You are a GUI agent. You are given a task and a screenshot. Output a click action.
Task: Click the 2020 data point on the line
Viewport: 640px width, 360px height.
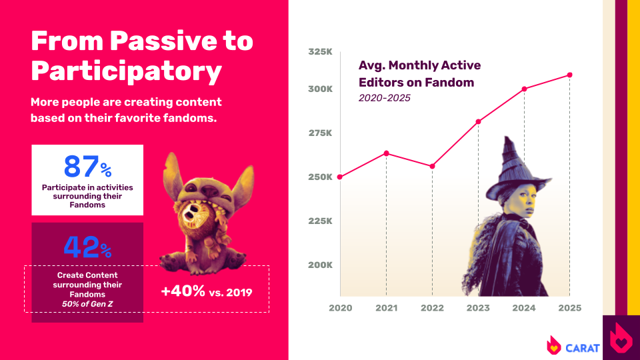340,177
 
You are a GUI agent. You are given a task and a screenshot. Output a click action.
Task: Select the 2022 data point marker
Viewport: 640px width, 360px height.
432,167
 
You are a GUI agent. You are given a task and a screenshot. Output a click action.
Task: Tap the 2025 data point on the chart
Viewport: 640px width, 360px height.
570,75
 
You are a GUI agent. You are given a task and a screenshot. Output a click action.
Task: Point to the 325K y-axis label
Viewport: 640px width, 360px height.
321,52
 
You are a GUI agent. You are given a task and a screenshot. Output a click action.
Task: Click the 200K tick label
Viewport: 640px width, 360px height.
321,265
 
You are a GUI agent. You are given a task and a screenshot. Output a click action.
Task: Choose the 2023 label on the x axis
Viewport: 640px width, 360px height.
478,308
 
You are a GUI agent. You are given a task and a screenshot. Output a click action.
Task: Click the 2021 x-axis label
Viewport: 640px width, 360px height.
387,308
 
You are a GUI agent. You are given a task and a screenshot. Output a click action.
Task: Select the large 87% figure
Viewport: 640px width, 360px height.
87,167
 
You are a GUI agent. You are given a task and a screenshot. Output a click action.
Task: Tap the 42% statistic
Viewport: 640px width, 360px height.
87,247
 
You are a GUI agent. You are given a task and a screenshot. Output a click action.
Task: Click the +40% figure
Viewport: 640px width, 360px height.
183,291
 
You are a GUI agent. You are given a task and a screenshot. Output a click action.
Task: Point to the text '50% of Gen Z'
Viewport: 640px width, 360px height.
87,304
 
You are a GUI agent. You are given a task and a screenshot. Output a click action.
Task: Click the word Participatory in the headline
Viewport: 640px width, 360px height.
127,72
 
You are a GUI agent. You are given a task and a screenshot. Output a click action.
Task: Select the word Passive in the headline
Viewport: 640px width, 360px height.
164,41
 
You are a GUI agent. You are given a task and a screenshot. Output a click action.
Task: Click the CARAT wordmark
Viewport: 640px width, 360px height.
583,348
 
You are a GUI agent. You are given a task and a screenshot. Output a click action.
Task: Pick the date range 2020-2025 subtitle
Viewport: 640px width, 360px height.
385,98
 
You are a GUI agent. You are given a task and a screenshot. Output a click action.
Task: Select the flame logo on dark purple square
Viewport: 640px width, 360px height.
621,337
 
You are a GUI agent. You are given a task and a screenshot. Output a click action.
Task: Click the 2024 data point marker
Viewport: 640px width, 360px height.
524,89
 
